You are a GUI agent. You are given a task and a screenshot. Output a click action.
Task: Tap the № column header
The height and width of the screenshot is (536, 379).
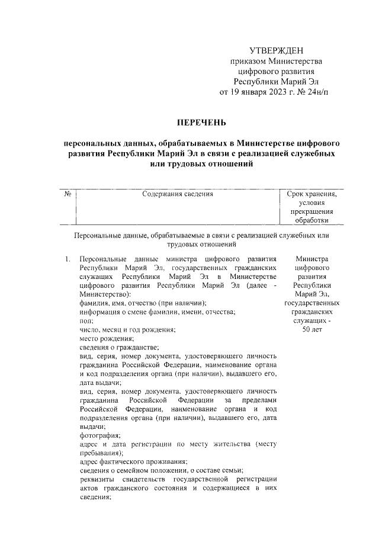point(68,194)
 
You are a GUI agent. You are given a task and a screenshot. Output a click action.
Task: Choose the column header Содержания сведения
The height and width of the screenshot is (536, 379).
point(178,194)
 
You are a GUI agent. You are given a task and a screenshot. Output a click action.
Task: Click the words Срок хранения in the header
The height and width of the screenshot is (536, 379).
point(311,194)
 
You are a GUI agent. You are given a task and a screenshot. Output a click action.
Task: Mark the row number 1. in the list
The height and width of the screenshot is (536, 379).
point(68,259)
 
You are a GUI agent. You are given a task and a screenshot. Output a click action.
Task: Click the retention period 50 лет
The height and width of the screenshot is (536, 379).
point(311,329)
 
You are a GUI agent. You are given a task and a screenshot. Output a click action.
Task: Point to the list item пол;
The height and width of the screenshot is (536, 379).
point(86,320)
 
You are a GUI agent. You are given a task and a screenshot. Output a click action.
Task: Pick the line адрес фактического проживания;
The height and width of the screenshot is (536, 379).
point(133,462)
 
